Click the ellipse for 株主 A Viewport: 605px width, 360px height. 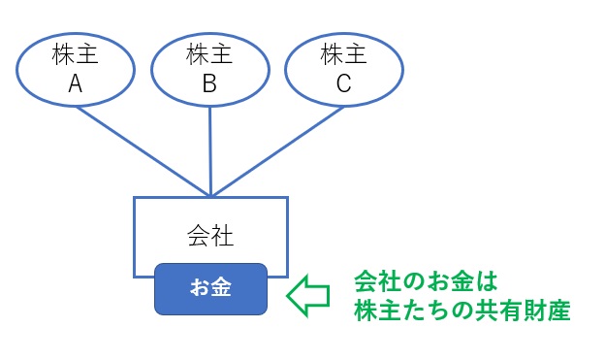click(76, 70)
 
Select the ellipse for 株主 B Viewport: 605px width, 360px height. click(209, 70)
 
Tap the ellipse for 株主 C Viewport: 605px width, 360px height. click(343, 70)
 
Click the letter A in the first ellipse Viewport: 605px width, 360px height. click(76, 84)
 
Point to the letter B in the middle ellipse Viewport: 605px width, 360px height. click(209, 84)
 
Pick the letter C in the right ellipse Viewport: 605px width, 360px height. click(343, 84)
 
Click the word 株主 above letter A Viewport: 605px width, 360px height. click(76, 55)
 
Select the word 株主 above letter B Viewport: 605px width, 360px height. click(209, 55)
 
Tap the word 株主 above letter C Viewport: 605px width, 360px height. click(343, 55)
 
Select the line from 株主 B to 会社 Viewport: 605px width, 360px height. click(210, 150)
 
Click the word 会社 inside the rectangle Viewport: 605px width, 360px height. click(209, 235)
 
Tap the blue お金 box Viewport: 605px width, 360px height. click(209, 289)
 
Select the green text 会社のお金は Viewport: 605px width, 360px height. click(425, 282)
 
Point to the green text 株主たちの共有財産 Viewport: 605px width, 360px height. click(461, 311)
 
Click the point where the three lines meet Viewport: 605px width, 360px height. click(210, 195)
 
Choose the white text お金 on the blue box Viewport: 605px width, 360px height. click(209, 289)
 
